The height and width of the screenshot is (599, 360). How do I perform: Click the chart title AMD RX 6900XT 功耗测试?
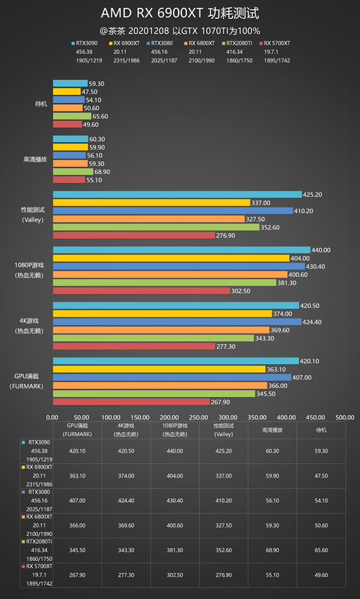pos(180,13)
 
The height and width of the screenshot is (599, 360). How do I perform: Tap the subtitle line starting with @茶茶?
pos(180,31)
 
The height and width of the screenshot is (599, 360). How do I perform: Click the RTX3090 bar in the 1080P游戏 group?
pos(181,249)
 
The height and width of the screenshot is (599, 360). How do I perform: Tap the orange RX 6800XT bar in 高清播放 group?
pos(70,164)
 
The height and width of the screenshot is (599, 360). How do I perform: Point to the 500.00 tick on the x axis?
pos(344,417)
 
